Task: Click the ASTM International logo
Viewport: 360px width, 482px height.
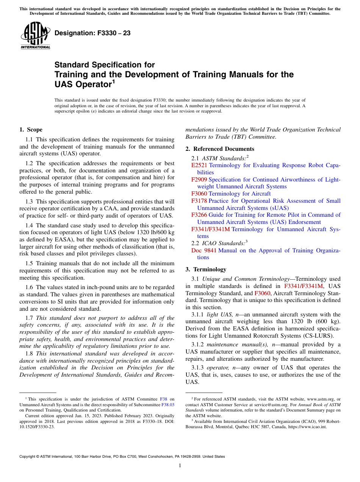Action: [35, 36]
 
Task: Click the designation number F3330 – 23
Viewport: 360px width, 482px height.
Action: [92, 33]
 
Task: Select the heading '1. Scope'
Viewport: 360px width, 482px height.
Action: [31, 130]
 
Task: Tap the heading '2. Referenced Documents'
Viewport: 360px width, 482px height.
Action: [220, 149]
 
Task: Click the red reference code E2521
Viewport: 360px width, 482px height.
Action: [199, 166]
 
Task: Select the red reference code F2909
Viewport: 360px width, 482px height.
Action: [199, 180]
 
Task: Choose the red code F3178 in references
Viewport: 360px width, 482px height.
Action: [199, 201]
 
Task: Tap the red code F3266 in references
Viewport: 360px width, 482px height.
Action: [199, 215]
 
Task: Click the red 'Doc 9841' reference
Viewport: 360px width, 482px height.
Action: [204, 250]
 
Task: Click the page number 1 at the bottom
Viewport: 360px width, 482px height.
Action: [180, 466]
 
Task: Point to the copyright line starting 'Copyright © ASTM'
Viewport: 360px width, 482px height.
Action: [122, 457]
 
